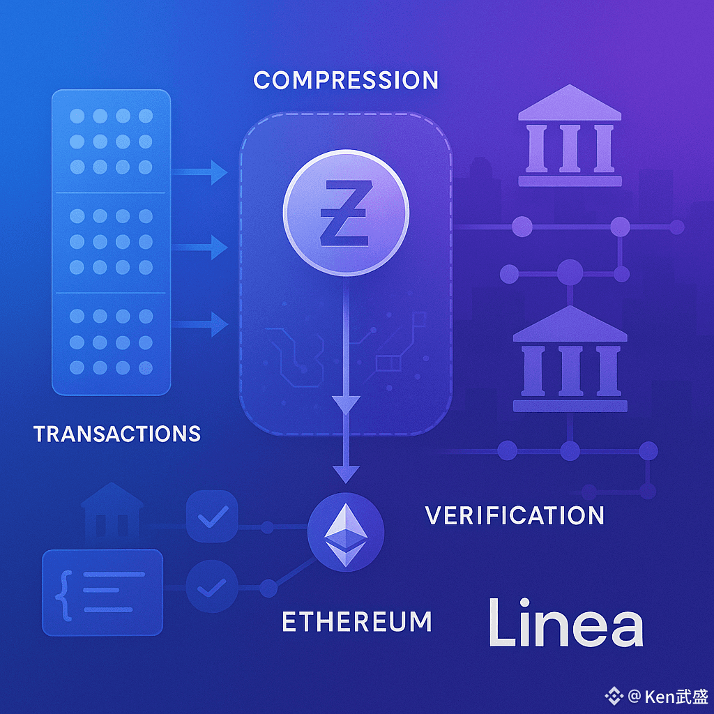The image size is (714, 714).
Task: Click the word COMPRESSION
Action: [x=346, y=80]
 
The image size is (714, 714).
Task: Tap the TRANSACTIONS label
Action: [x=117, y=434]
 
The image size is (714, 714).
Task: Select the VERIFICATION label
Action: [x=515, y=515]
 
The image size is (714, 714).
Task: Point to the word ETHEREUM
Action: [x=357, y=621]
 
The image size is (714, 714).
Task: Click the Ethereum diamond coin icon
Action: [x=346, y=534]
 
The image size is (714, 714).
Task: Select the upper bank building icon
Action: [x=570, y=136]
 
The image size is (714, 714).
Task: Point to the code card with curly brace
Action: [x=102, y=592]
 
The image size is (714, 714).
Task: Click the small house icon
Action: [x=112, y=512]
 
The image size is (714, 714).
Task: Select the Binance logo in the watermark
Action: [x=614, y=695]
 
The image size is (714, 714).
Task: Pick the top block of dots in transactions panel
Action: [x=111, y=142]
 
